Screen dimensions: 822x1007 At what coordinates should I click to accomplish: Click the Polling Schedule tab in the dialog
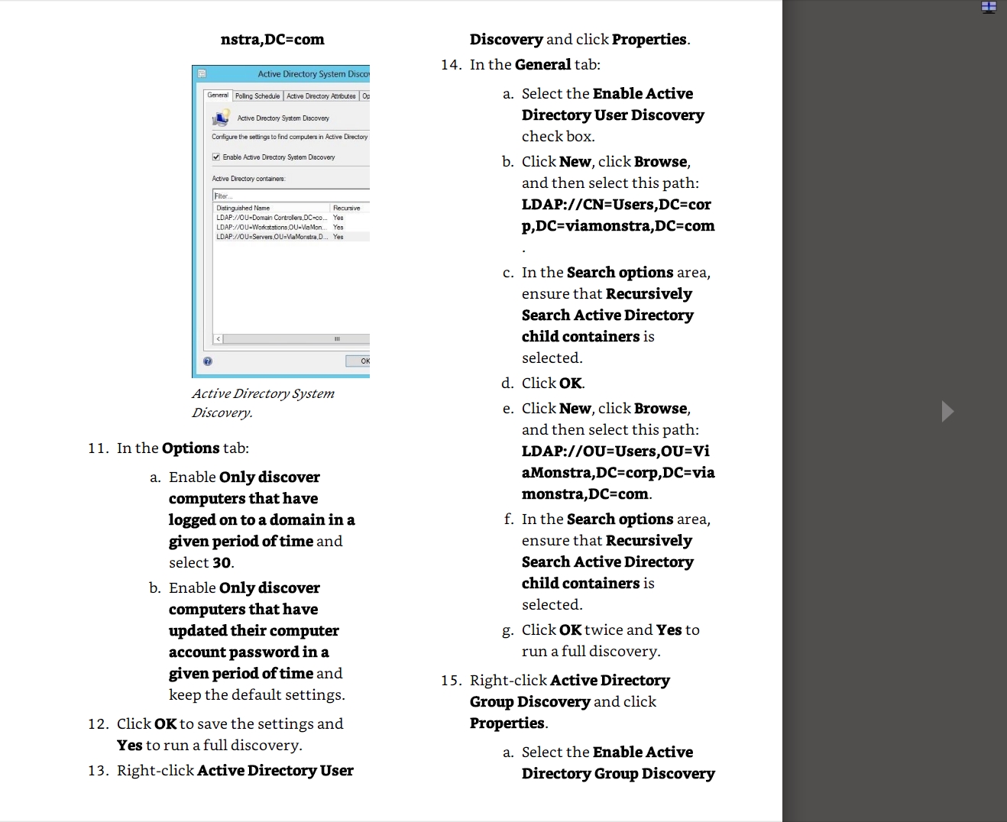coord(257,96)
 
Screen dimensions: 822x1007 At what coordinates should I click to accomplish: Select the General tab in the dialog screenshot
coord(218,95)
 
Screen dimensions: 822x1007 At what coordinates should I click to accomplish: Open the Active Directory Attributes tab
coord(321,96)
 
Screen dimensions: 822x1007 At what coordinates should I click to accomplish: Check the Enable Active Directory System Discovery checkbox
coord(216,157)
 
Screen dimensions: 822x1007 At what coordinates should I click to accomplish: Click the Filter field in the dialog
coord(290,196)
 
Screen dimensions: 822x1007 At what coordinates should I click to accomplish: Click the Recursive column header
coord(347,208)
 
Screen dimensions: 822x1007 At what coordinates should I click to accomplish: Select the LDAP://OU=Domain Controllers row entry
coord(271,218)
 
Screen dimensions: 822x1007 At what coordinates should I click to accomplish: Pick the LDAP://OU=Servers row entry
coord(271,237)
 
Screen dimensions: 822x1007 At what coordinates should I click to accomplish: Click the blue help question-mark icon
coord(208,361)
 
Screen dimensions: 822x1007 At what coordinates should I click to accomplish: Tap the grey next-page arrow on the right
coord(947,411)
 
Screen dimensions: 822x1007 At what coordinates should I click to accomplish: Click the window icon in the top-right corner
coord(989,8)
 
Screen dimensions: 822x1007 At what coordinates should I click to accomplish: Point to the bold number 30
coord(222,563)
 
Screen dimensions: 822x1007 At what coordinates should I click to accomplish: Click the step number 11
coord(98,448)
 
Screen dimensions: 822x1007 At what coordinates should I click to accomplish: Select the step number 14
coord(451,65)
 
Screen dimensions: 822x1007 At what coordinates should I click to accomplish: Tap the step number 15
coord(451,681)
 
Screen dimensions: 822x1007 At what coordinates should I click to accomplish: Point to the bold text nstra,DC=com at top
coord(272,40)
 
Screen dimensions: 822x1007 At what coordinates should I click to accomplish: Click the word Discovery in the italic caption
coord(221,413)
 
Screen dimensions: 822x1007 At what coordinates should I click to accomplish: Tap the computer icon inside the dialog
coord(221,118)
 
